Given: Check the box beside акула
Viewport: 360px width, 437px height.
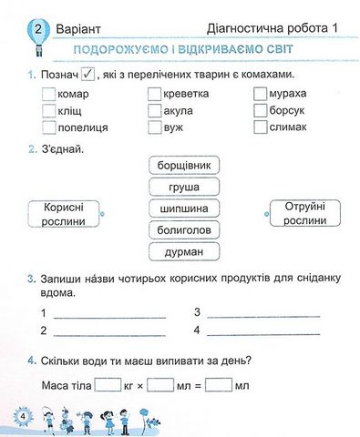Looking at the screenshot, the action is [154, 110].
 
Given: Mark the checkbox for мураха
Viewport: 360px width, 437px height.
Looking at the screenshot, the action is [260, 95].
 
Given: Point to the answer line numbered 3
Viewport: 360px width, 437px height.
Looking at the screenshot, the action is [264, 314].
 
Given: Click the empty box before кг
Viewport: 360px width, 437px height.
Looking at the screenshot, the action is [108, 385].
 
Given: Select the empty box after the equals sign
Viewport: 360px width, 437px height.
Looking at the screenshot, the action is [218, 385].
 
